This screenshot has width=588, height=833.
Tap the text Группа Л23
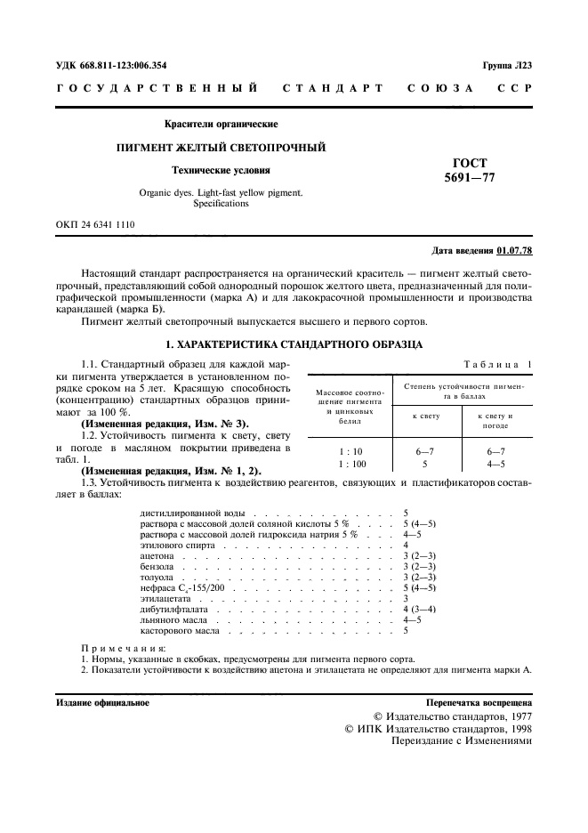[507, 65]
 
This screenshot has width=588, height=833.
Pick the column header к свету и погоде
[492, 421]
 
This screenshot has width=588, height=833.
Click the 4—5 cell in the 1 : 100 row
[492, 464]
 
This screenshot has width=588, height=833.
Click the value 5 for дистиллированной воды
[406, 514]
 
